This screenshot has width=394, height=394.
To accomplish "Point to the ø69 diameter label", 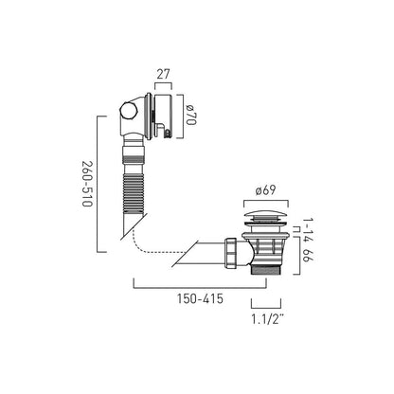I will coord(266,189).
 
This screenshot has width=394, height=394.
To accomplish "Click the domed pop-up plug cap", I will coord(266,219).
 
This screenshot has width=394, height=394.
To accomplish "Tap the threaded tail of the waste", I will coord(266,269).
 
